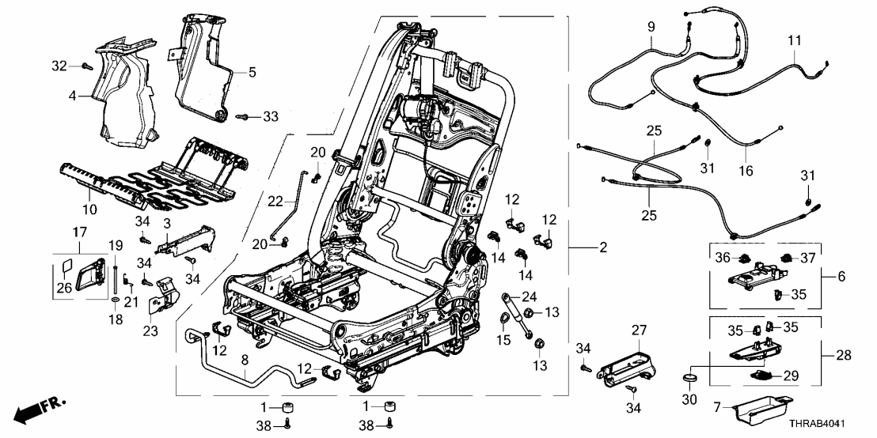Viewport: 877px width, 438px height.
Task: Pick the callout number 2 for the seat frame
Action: point(603,248)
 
